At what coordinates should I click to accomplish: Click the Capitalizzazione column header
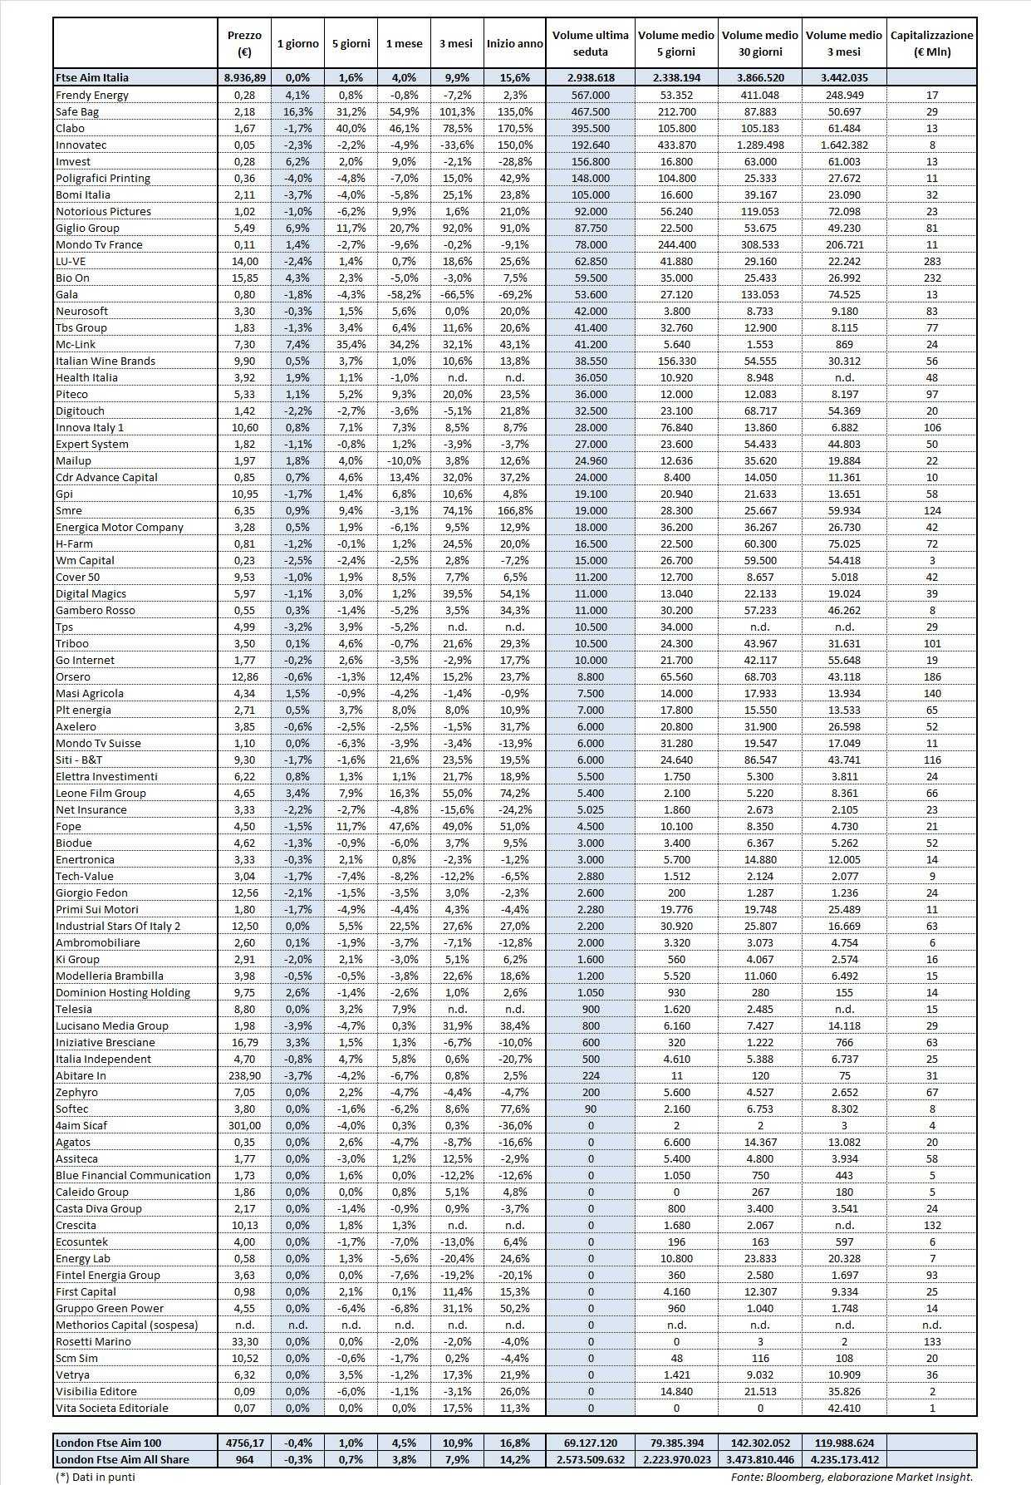click(x=931, y=43)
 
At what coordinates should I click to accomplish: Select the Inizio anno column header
click(x=514, y=43)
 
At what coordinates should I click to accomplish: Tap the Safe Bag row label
click(x=76, y=111)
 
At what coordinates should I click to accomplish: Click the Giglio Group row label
click(x=87, y=228)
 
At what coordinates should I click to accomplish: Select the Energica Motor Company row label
click(x=119, y=527)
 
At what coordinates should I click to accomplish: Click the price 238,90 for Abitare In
click(x=243, y=1075)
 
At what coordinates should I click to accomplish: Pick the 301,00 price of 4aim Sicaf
click(x=243, y=1125)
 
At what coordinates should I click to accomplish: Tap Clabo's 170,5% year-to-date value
click(x=514, y=128)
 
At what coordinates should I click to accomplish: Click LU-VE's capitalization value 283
click(x=931, y=261)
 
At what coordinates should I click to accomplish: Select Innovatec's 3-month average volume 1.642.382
click(x=843, y=145)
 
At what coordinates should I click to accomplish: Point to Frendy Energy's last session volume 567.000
click(x=590, y=95)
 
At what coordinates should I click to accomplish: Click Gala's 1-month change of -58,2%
click(x=403, y=294)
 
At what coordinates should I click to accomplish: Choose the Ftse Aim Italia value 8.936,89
click(x=243, y=77)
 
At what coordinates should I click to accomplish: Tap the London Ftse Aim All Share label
click(x=122, y=1459)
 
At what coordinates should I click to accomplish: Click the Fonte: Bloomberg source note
click(x=851, y=1477)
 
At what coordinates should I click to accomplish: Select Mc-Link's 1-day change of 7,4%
click(x=297, y=344)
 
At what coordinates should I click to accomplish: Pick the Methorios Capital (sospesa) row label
click(x=126, y=1325)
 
